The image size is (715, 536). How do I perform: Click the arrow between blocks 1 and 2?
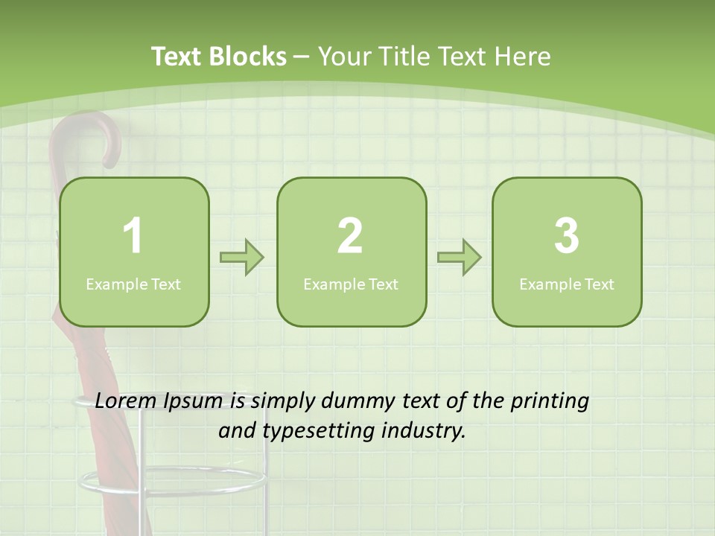tap(242, 258)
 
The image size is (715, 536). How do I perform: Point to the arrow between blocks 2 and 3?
tap(459, 258)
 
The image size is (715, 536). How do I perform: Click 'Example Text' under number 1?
tap(133, 284)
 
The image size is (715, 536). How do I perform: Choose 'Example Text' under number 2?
tap(351, 284)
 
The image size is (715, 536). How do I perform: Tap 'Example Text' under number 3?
tap(567, 284)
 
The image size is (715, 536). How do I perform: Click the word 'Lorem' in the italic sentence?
tap(124, 401)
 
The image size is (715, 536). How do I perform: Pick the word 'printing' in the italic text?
tap(550, 402)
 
